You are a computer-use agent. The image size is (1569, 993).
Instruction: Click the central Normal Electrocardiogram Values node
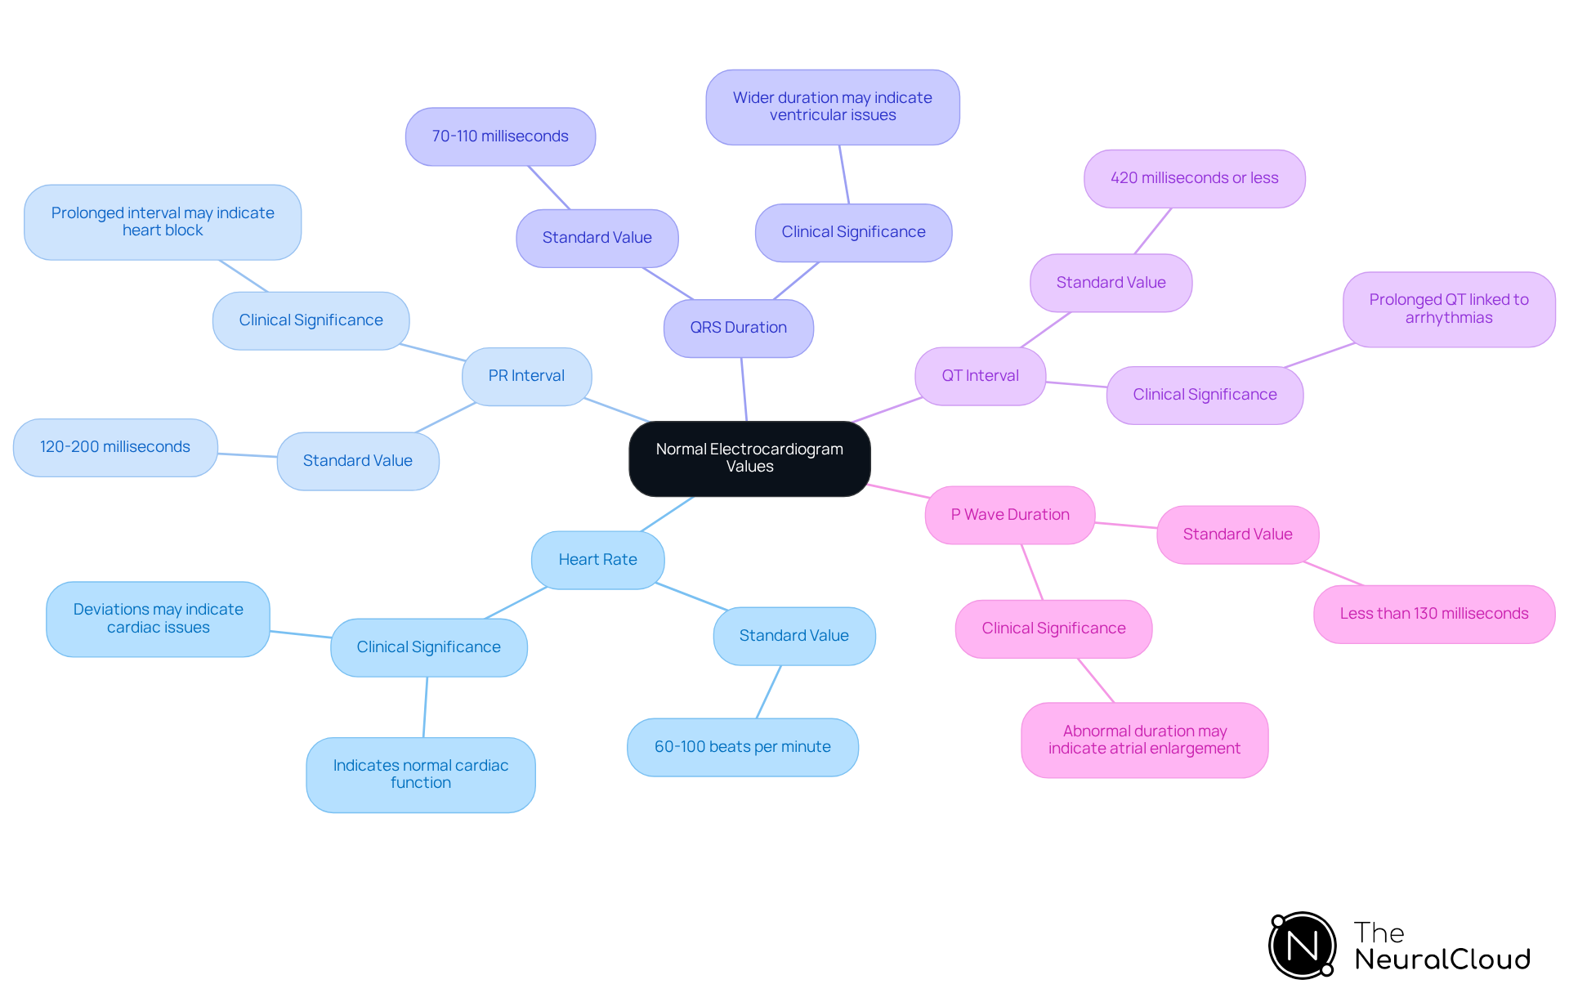pyautogui.click(x=749, y=458)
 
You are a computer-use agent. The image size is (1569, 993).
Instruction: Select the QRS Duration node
pyautogui.click(x=738, y=328)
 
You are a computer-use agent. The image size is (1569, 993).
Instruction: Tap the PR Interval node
pyautogui.click(x=526, y=376)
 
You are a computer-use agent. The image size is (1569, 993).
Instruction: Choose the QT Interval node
pyautogui.click(x=980, y=376)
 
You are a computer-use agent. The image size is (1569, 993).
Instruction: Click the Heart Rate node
pyautogui.click(x=597, y=560)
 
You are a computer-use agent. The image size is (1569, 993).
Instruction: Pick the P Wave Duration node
pyautogui.click(x=1009, y=515)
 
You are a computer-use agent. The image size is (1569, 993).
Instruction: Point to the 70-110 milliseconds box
pyautogui.click(x=500, y=136)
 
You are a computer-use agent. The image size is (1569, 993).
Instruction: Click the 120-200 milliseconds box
pyautogui.click(x=115, y=447)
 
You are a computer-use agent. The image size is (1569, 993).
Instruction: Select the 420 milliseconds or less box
pyautogui.click(x=1194, y=178)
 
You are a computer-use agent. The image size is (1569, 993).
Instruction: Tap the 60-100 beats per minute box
pyautogui.click(x=742, y=747)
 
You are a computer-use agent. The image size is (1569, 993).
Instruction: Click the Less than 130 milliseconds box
pyautogui.click(x=1433, y=614)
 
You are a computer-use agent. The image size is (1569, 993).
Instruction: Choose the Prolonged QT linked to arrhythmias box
pyautogui.click(x=1448, y=309)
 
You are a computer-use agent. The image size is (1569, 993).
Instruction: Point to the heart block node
pyautogui.click(x=163, y=221)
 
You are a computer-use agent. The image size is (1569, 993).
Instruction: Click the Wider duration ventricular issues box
pyautogui.click(x=832, y=107)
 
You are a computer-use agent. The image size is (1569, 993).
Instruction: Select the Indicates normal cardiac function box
pyautogui.click(x=420, y=774)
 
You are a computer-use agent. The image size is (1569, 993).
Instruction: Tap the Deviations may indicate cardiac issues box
pyautogui.click(x=158, y=619)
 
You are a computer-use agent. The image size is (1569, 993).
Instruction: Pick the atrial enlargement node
pyautogui.click(x=1144, y=740)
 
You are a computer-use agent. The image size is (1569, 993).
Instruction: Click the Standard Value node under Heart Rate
pyautogui.click(x=793, y=636)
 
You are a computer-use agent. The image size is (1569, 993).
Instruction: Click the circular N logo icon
pyautogui.click(x=1302, y=946)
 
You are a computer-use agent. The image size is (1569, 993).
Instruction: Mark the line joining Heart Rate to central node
pyautogui.click(x=668, y=514)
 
